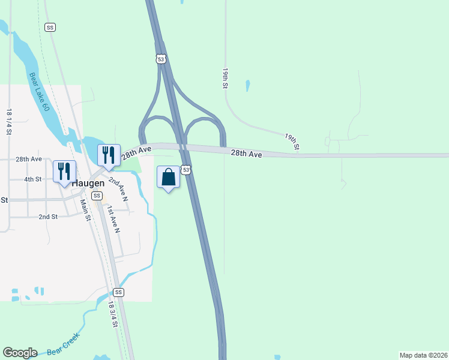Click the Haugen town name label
88,183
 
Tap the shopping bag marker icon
169,177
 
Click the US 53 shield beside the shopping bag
187,170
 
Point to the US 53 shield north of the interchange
160,59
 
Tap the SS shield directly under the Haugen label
97,196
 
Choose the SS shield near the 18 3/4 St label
118,292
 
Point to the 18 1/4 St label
9,121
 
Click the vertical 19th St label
225,78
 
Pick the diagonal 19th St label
292,142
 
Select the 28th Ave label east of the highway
247,154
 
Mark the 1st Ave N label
113,219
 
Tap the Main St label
85,210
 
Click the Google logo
20,353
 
